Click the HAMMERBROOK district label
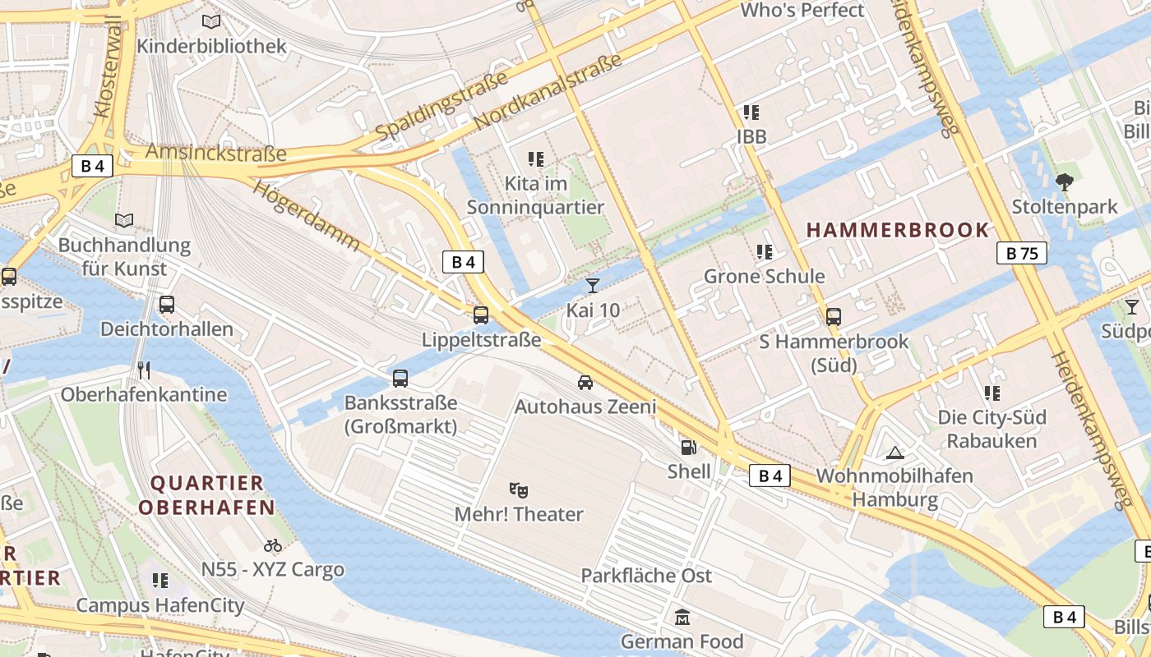(x=898, y=230)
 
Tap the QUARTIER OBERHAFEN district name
(x=206, y=495)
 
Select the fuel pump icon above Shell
(x=688, y=448)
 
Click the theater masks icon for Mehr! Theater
(x=518, y=490)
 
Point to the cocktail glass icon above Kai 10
(x=592, y=286)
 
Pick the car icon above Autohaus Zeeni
(x=585, y=382)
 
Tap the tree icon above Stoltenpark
(x=1064, y=182)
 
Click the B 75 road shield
(x=1022, y=253)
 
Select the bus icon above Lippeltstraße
(x=481, y=315)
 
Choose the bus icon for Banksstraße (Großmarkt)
(x=400, y=379)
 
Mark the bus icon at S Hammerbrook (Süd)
(x=834, y=316)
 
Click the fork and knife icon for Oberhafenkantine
(x=145, y=370)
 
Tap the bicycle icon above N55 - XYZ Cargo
(x=273, y=545)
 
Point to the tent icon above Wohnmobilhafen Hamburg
(x=894, y=452)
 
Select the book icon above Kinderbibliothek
(x=211, y=22)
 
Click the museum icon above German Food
(x=682, y=617)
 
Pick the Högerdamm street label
(x=307, y=215)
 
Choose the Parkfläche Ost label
(x=646, y=576)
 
